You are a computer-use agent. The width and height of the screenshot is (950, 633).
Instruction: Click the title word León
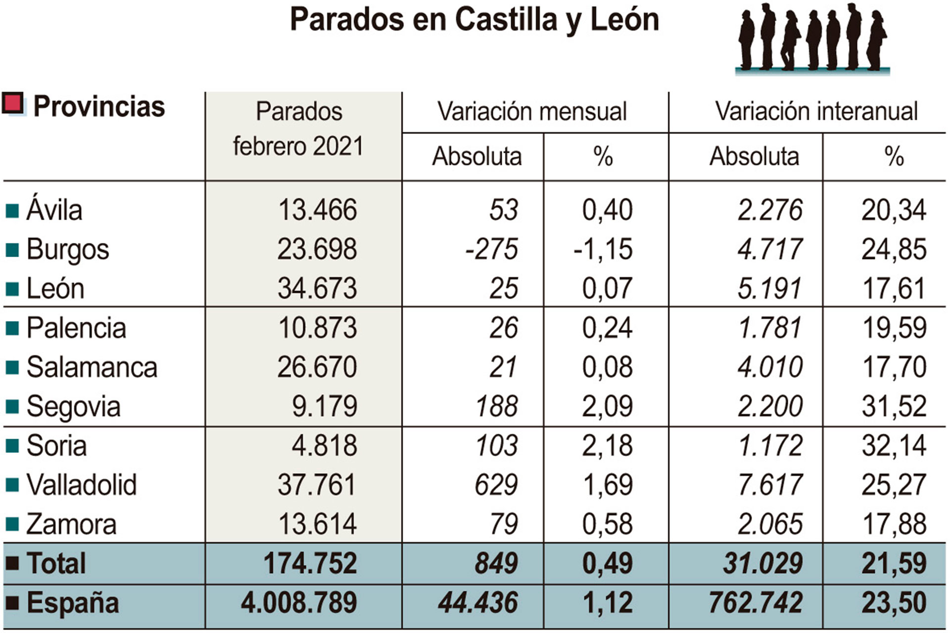coord(624,20)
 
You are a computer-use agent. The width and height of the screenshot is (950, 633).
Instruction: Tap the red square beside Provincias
coord(13,104)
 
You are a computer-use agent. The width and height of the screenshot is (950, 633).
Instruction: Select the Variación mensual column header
coord(532,111)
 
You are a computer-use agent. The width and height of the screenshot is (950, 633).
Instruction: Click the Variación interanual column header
coord(816,111)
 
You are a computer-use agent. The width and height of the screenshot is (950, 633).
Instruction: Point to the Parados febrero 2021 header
coord(299,129)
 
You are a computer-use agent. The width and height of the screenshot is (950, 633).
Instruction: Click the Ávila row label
coord(54,210)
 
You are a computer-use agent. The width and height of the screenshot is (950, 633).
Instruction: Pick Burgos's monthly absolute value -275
coord(491,249)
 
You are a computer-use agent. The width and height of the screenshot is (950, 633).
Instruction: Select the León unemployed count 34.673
coord(317,288)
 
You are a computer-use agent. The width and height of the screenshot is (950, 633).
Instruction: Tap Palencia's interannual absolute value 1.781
coord(769,328)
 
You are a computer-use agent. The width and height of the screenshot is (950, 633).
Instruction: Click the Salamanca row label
coord(92,367)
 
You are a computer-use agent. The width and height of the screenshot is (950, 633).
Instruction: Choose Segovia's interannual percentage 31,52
coord(894,407)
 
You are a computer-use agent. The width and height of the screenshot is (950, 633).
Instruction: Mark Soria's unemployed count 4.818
coord(324,446)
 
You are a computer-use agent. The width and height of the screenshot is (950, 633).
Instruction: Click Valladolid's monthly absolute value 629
coord(496,485)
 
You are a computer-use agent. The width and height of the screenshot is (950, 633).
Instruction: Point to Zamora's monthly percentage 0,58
coord(607,524)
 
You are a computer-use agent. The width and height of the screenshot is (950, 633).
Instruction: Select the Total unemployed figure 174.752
coord(310,563)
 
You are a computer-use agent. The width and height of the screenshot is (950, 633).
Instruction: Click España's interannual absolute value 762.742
coord(756,603)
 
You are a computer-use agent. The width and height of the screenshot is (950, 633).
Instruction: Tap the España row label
coord(73,603)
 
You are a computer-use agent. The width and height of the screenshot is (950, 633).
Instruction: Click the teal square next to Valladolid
coord(12,485)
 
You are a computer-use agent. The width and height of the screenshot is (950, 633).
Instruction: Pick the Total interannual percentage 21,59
coord(894,563)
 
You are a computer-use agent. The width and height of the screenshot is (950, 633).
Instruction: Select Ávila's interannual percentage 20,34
coord(894,210)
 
